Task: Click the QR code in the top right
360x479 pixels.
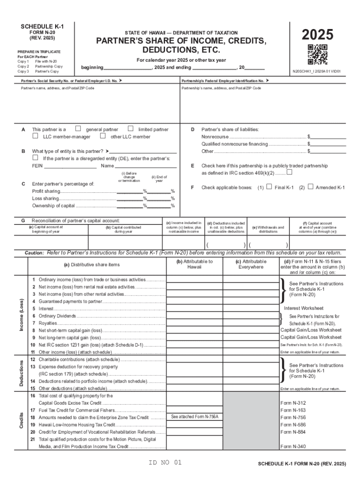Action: coord(317,54)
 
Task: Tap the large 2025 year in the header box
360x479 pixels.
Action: coord(317,35)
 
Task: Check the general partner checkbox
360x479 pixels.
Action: coord(78,129)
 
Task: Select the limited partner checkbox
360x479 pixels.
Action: coord(130,129)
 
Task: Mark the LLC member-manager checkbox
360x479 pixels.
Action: coord(35,136)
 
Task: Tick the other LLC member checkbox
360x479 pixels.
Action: coord(102,136)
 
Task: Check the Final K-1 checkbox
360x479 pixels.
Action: coord(268,187)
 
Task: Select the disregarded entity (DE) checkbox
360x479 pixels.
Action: coord(35,158)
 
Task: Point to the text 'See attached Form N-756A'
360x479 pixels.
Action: coord(194,416)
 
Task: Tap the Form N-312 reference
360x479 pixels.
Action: coord(293,403)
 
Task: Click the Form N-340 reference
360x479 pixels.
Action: coord(293,447)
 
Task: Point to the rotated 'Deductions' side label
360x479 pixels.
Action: coord(21,372)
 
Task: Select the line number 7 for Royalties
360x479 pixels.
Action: coord(34,323)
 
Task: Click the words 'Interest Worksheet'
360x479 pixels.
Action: coord(303,308)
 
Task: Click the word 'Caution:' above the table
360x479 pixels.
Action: coord(35,253)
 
